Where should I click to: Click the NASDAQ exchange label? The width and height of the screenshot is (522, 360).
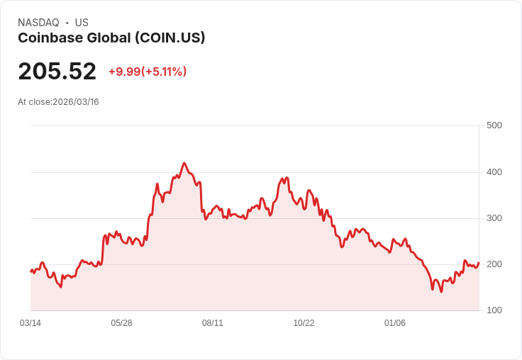click(38, 23)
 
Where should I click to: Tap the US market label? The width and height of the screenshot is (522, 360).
click(82, 23)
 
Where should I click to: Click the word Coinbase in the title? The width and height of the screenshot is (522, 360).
click(48, 38)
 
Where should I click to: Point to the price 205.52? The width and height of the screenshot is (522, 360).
click(57, 72)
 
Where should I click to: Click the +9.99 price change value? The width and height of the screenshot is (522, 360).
click(124, 72)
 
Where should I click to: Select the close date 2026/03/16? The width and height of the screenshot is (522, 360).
click(76, 102)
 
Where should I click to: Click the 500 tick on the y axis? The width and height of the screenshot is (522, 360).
click(494, 125)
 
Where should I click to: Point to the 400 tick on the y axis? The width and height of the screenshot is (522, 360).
click(494, 172)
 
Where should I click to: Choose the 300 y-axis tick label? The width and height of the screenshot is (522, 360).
click(494, 218)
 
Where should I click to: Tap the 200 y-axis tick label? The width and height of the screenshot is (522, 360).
click(494, 264)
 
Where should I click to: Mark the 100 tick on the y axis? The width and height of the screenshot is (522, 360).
click(494, 310)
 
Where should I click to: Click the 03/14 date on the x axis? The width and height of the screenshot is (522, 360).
click(30, 323)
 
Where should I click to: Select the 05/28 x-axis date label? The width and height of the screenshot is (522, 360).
click(121, 323)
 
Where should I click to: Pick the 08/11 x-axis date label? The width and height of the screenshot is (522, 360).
click(213, 323)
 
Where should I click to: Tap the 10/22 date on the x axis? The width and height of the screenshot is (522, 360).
click(304, 323)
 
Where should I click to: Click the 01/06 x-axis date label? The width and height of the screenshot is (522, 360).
click(395, 323)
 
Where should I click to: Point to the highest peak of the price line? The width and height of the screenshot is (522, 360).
click(184, 163)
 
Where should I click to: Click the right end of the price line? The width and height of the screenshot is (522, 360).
click(479, 263)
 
